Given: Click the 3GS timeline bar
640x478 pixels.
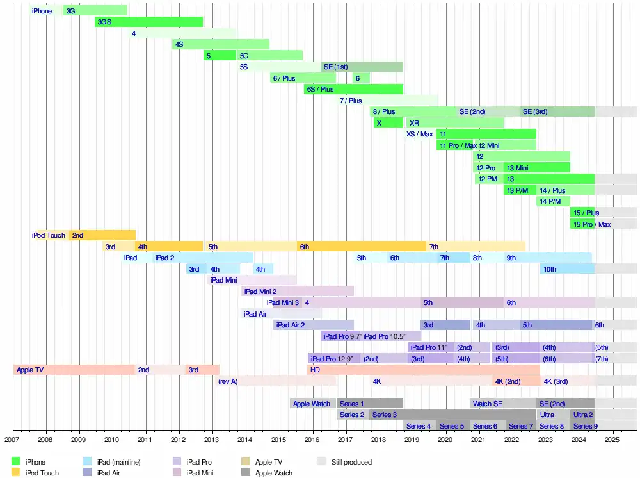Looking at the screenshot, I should coord(148,22).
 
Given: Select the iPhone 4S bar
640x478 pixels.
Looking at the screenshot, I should coord(220,44).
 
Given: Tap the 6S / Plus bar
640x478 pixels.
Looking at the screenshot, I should coord(353,89).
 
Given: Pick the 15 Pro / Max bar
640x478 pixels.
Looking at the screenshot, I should coord(591,224).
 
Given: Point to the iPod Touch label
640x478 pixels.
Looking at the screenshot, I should coord(49,235).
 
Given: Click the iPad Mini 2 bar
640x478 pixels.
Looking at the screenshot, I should coord(298,291).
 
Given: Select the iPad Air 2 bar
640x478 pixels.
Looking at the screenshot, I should coord(314,325).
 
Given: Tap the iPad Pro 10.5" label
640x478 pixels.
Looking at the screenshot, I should coord(385,336).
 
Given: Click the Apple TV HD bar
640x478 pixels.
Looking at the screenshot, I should coord(423,370).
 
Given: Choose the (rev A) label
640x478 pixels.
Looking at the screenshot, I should coord(228,381).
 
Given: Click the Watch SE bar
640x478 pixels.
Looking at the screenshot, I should coord(502,404).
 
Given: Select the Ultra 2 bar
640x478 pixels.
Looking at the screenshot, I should coord(582,415).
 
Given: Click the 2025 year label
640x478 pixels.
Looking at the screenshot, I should coord(612,440).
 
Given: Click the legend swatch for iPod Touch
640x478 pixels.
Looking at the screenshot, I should coord(16,473).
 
